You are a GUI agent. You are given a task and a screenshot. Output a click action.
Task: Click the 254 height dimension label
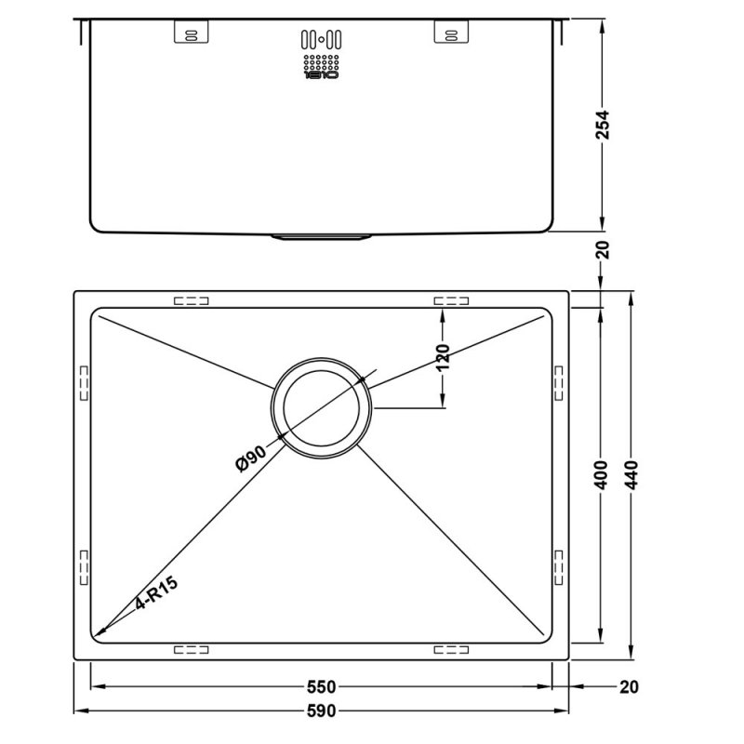[602, 124]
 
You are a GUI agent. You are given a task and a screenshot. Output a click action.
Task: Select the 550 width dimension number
[320, 687]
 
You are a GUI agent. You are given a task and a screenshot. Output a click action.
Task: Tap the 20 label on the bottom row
[630, 687]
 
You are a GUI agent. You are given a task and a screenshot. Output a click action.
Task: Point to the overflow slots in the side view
[321, 39]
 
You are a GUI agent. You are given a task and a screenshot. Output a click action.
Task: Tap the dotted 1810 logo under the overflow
[321, 68]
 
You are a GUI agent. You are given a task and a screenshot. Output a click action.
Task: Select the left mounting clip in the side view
[189, 33]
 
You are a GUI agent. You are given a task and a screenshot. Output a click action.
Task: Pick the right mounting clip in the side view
[449, 33]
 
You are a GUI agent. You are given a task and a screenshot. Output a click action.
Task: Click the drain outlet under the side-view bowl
[321, 236]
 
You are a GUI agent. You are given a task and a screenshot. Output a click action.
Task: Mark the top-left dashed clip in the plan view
[191, 300]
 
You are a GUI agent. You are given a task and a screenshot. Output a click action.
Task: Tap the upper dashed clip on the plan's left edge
[83, 381]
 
